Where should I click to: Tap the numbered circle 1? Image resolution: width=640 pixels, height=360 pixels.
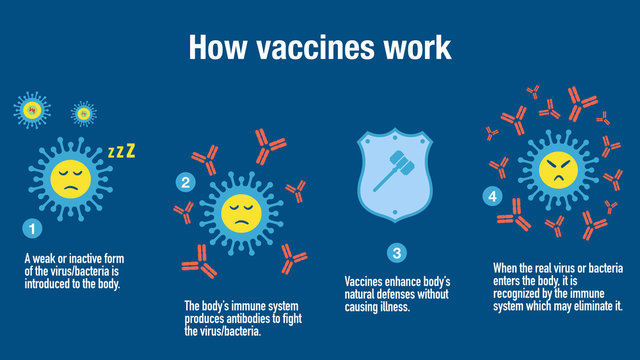pyautogui.click(x=33, y=230)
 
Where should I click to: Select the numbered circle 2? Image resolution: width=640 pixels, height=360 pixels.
pyautogui.click(x=185, y=182)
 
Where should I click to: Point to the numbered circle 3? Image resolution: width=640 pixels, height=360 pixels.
pyautogui.click(x=397, y=254)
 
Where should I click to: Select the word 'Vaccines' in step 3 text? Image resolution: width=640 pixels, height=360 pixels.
pyautogui.click(x=363, y=283)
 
